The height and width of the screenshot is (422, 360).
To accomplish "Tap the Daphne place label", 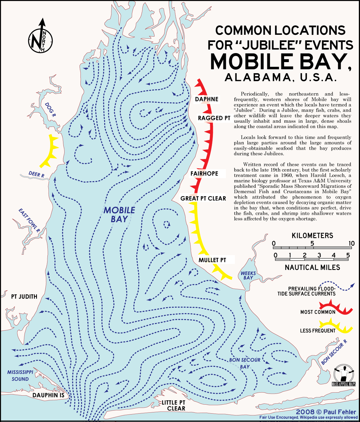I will pyautogui.click(x=207, y=99).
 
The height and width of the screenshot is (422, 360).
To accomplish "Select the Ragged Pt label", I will pyautogui.click(x=214, y=118).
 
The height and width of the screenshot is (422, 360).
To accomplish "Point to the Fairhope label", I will pyautogui.click(x=204, y=174).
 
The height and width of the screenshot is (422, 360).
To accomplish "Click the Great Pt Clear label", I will pyautogui.click(x=203, y=199).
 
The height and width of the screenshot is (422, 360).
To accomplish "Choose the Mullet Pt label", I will pyautogui.click(x=212, y=260).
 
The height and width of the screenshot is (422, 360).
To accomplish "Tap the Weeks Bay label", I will pyautogui.click(x=248, y=275).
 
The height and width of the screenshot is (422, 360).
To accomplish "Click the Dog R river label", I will pyautogui.click(x=50, y=109).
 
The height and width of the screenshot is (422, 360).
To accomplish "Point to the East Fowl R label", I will pyautogui.click(x=29, y=220).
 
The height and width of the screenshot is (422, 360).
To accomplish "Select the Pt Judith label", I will pyautogui.click(x=24, y=297).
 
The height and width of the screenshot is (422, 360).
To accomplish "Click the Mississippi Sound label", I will pyautogui.click(x=20, y=376).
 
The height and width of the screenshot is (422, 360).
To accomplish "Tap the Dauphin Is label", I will pyautogui.click(x=48, y=395).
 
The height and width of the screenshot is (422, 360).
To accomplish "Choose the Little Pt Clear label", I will pyautogui.click(x=174, y=406).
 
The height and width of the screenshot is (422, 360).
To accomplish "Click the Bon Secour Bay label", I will pyautogui.click(x=245, y=363).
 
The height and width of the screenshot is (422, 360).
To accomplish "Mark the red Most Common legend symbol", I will pyautogui.click(x=336, y=308).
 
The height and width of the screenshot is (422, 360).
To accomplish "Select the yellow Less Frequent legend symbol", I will pyautogui.click(x=336, y=327).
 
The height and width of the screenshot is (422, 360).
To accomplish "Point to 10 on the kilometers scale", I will pyautogui.click(x=351, y=243).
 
